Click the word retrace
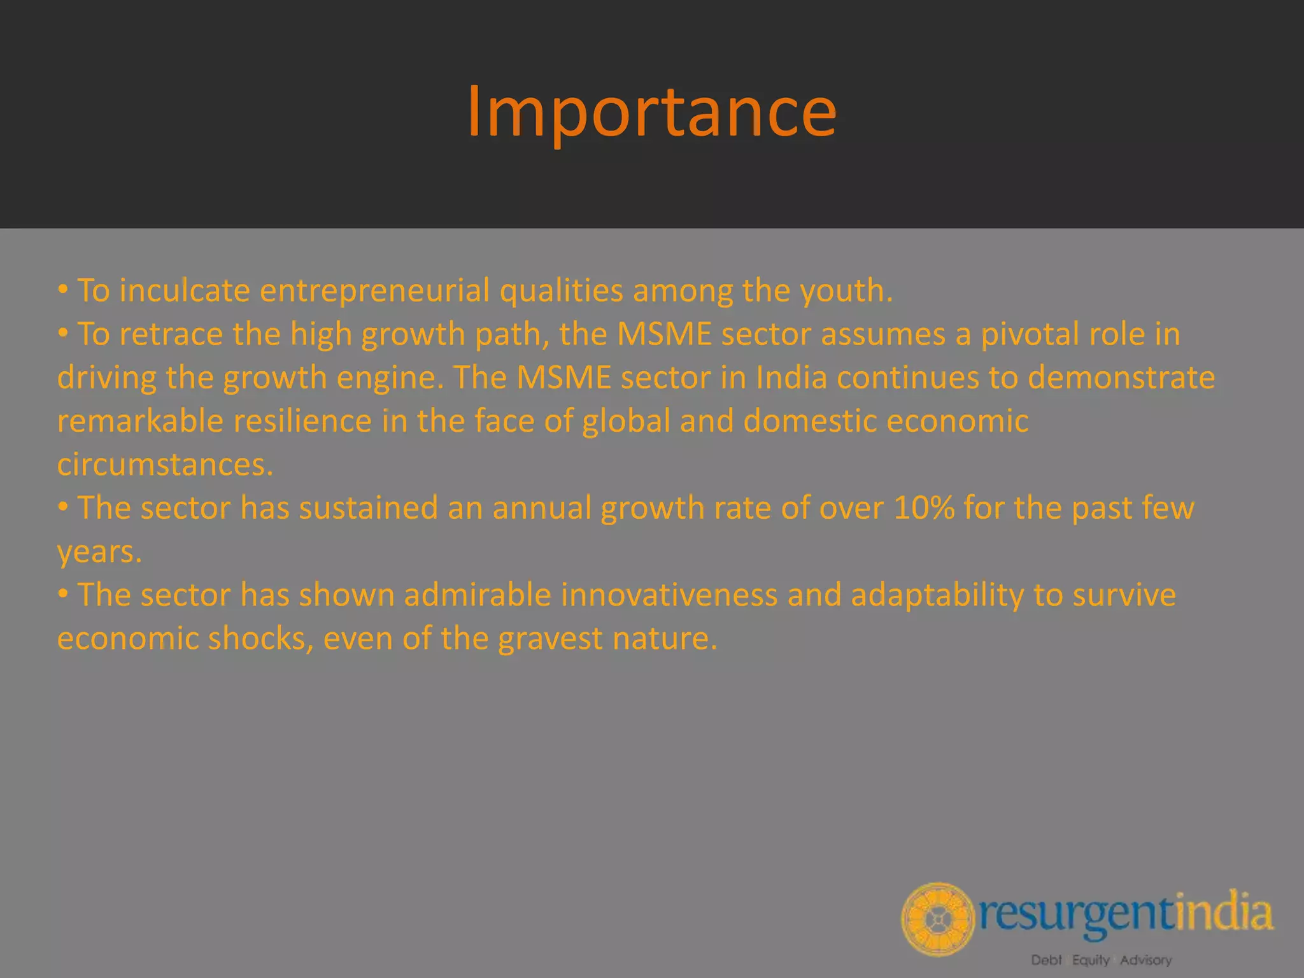click(171, 334)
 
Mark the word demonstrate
click(1121, 378)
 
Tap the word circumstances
click(165, 464)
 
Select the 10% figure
click(924, 508)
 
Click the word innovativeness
click(669, 595)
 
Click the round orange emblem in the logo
click(937, 919)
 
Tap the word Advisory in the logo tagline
click(1146, 960)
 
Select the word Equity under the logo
click(1091, 960)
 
